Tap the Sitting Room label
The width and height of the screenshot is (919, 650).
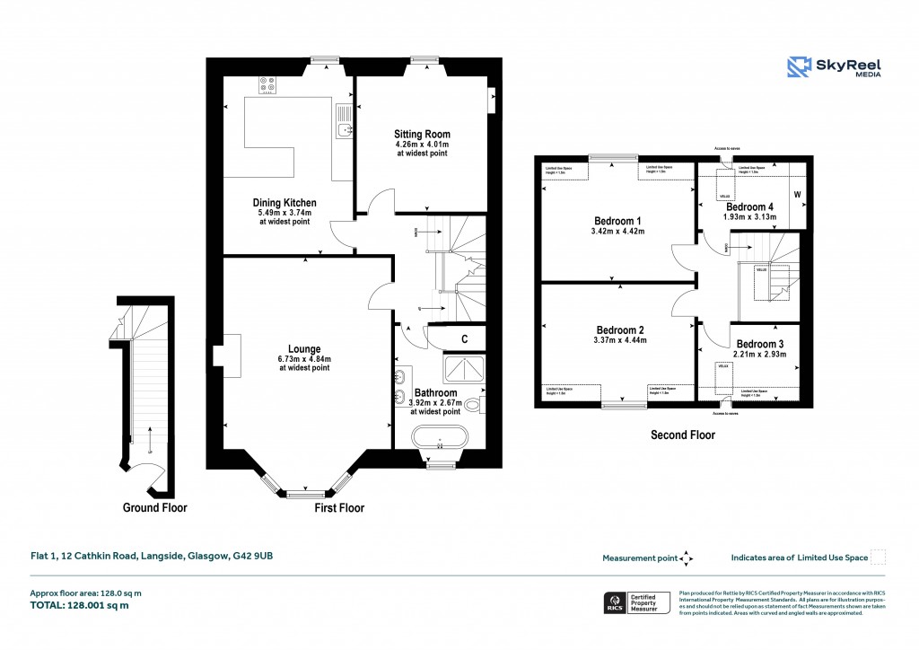pyautogui.click(x=422, y=135)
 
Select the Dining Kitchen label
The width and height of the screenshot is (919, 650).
pyautogui.click(x=284, y=203)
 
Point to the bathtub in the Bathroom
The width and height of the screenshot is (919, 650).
pyautogui.click(x=440, y=439)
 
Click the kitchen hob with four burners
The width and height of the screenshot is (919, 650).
pyautogui.click(x=267, y=85)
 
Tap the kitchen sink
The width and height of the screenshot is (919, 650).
pyautogui.click(x=343, y=131)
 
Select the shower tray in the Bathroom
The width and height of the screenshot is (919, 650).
pyautogui.click(x=463, y=368)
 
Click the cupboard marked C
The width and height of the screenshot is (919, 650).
pyautogui.click(x=464, y=338)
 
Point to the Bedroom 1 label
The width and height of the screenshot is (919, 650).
pyautogui.click(x=618, y=221)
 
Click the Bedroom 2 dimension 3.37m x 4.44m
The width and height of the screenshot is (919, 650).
pyautogui.click(x=618, y=340)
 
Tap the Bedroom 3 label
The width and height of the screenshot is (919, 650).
pyautogui.click(x=760, y=344)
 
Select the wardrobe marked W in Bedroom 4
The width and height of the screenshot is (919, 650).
pyautogui.click(x=797, y=194)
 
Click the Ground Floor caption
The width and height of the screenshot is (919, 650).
pyautogui.click(x=154, y=508)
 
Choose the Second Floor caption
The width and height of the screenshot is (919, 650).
pyautogui.click(x=682, y=435)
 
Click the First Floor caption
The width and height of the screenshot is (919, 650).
pyautogui.click(x=339, y=508)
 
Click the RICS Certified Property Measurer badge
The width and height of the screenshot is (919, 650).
pyautogui.click(x=635, y=603)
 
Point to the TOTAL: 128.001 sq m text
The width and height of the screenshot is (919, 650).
pyautogui.click(x=80, y=606)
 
